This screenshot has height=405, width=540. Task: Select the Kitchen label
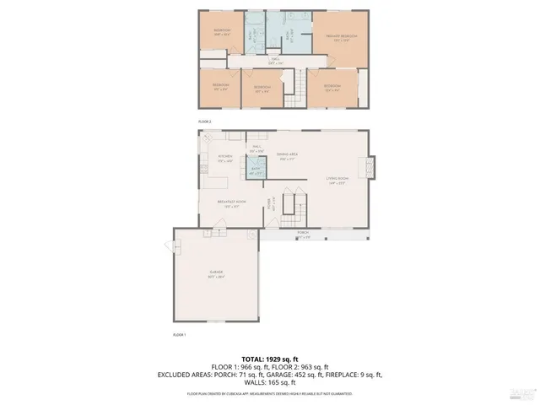click(x=225, y=158)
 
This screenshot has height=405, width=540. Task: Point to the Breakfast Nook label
click(x=231, y=202)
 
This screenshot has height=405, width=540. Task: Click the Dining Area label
click(x=288, y=157)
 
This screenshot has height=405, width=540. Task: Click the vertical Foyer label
click(x=270, y=203)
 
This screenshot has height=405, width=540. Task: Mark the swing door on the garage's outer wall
click(x=177, y=247)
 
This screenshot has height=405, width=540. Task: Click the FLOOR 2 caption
click(x=204, y=121)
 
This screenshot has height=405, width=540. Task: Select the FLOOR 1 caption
click(x=179, y=335)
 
